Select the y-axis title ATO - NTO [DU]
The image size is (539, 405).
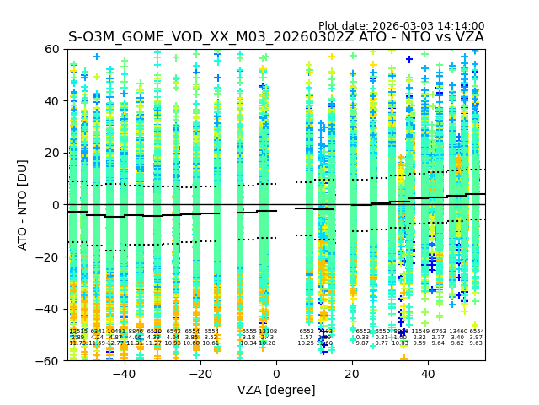click(x=23, y=204)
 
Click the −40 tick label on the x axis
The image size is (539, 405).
click(x=124, y=373)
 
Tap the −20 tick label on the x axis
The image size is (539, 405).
click(x=200, y=373)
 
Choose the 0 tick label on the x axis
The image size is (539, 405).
click(x=276, y=373)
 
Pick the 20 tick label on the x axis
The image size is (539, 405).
click(x=352, y=373)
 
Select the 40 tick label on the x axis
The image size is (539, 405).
click(x=428, y=373)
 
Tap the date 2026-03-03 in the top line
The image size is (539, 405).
click(x=399, y=26)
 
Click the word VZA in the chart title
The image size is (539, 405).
click(x=466, y=37)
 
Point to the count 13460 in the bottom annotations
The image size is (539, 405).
click(x=457, y=332)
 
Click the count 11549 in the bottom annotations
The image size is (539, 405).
click(x=419, y=332)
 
